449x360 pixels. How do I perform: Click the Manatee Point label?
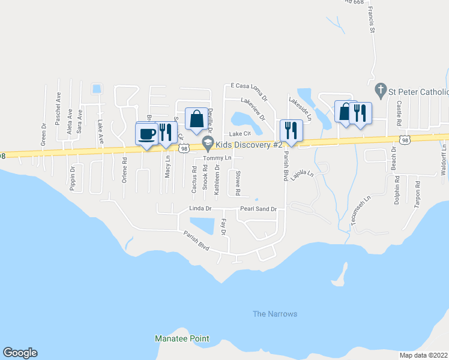181,339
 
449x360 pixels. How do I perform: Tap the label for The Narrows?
275,314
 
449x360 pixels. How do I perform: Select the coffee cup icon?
147,133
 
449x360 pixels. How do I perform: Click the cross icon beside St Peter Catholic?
379,92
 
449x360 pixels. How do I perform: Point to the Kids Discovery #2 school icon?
208,142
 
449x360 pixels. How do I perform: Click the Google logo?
20,353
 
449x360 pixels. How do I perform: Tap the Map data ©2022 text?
423,355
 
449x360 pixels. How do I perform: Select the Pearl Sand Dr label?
258,209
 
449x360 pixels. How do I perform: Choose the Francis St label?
372,20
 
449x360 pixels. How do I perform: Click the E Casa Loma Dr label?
247,91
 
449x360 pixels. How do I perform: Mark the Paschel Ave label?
58,109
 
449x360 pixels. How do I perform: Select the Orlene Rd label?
124,170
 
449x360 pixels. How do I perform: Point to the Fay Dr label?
223,227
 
